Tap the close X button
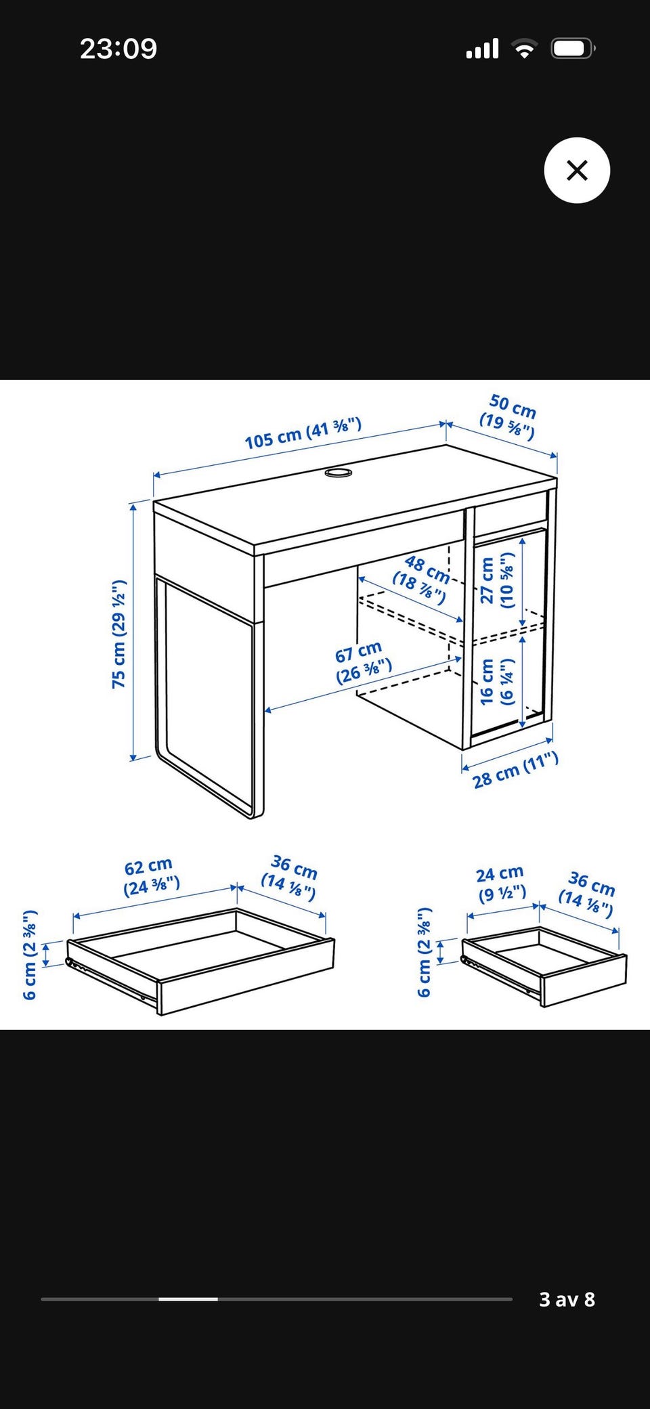[577, 170]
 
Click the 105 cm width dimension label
[303, 433]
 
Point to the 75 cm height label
[119, 634]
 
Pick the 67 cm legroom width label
[362, 663]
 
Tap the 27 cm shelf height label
[497, 580]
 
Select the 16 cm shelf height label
[497, 681]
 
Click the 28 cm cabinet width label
[515, 771]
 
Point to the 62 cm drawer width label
[151, 877]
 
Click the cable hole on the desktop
[338, 471]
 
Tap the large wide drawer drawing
[200, 961]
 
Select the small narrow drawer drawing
[544, 966]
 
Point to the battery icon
[573, 49]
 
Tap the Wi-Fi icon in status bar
[524, 49]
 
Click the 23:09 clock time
[118, 49]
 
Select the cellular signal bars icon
[482, 49]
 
